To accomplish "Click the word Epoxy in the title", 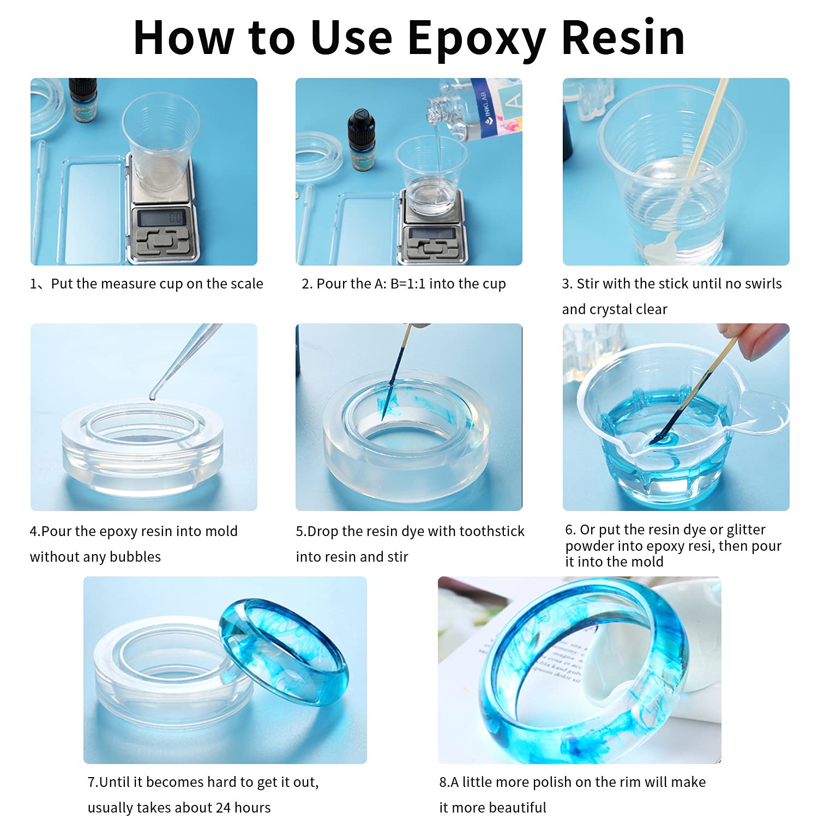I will pos(476,38).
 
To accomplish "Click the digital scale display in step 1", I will pos(162,219).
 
